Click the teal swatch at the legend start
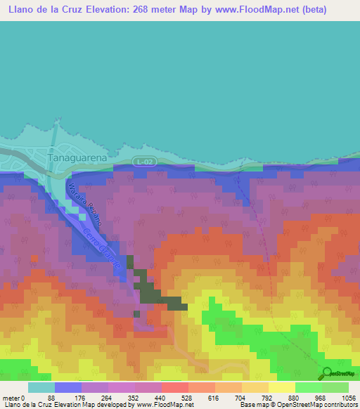41,387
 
